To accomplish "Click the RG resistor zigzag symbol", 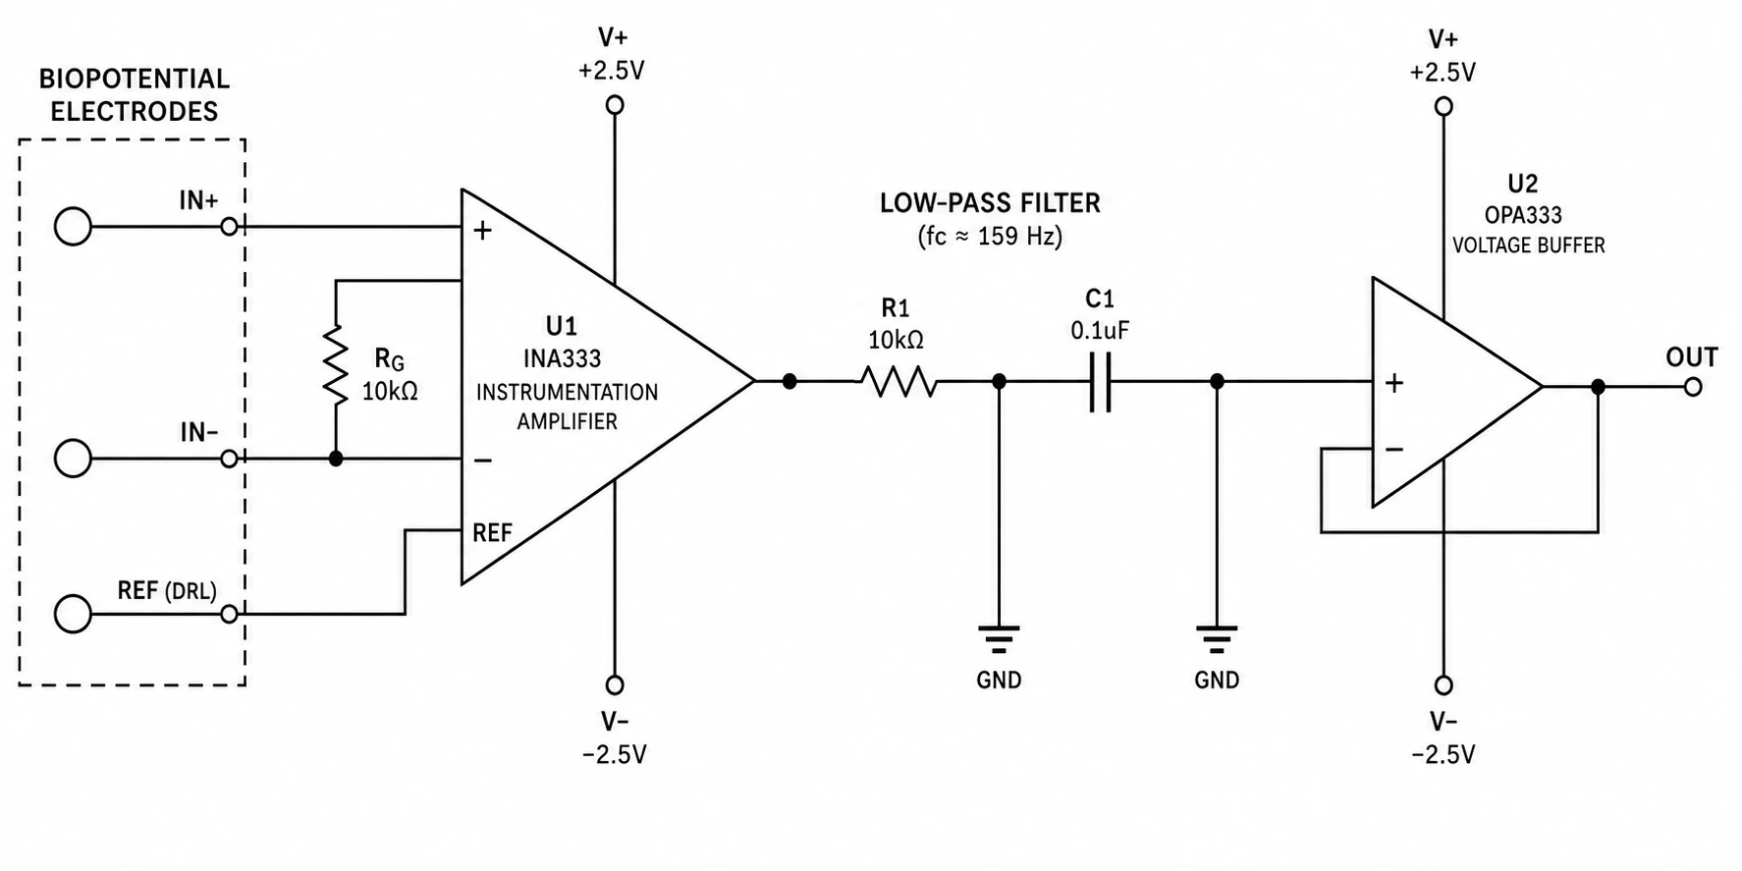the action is tap(336, 363).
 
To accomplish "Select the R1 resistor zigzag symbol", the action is tap(899, 381).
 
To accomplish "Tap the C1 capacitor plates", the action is tap(1100, 381).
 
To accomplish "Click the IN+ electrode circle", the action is tap(73, 227).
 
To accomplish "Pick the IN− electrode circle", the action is tap(73, 459).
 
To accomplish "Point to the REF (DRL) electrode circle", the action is tap(73, 614).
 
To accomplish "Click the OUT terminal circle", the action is tap(1692, 387).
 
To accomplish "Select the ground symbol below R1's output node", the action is tap(999, 639).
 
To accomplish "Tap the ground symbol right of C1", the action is tap(1217, 639).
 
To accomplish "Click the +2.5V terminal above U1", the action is tap(615, 105).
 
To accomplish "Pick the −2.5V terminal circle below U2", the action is tap(1443, 685).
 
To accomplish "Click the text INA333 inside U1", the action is tap(563, 358).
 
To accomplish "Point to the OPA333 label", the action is tap(1523, 215).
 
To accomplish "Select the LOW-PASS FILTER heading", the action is tap(990, 203).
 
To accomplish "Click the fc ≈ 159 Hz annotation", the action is tap(990, 237).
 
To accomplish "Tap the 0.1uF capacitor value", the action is tap(1100, 331).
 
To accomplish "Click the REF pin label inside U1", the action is tap(492, 533).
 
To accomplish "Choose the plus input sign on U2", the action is tap(1394, 383).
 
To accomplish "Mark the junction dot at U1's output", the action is tap(789, 381).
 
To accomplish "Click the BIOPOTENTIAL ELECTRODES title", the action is tap(134, 94).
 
